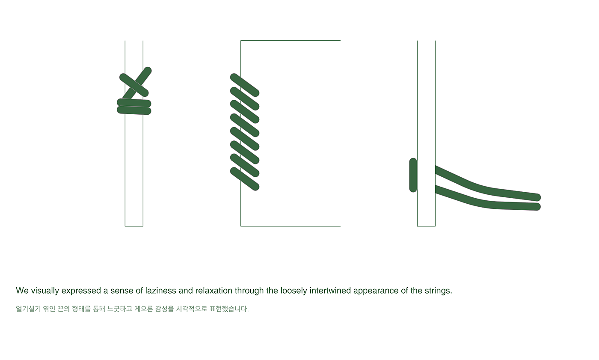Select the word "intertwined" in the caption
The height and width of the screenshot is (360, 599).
pos(330,291)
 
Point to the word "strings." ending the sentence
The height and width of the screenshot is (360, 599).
pos(438,291)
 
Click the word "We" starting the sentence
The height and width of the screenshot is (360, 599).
pos(22,291)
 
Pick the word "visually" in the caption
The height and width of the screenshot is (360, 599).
pos(45,291)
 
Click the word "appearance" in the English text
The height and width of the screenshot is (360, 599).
pos(376,291)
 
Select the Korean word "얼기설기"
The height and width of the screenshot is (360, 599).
pos(28,309)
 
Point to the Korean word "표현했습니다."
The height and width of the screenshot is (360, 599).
pos(229,309)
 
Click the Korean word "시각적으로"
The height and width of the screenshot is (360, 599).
pos(192,309)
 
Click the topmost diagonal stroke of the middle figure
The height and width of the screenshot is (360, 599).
pos(245,85)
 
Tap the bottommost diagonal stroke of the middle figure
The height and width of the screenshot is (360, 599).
pos(245,179)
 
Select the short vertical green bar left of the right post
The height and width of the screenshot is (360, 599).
pos(413,175)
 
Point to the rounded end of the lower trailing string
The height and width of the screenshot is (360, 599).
pos(537,206)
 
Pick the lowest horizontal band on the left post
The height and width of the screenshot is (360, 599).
pos(134,110)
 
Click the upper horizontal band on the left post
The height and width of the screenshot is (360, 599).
pos(134,103)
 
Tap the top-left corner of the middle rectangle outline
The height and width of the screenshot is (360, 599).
pos(240,40)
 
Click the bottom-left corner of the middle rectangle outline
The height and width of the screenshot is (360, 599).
pos(240,226)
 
